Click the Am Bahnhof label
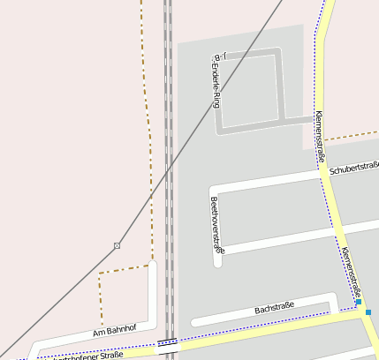tap(115, 332)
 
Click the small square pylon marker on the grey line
tap(117, 245)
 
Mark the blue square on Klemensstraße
tap(359, 303)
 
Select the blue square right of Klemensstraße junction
tap(368, 311)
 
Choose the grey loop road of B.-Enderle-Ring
tap(281, 88)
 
